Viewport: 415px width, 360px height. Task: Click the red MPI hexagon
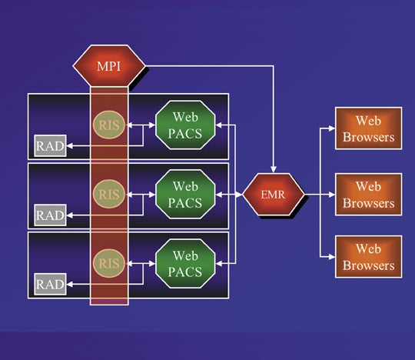click(109, 65)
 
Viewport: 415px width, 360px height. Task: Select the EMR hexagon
click(274, 195)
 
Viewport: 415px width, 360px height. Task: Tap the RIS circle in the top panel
click(109, 125)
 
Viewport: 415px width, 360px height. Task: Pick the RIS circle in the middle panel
click(109, 194)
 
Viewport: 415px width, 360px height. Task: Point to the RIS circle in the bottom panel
click(109, 263)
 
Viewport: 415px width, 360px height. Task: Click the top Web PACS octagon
click(185, 125)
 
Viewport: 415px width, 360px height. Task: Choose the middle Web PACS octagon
click(185, 195)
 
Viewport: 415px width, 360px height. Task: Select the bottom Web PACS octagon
click(185, 264)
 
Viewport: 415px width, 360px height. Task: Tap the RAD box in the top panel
click(50, 145)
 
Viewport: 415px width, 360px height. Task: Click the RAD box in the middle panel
click(50, 215)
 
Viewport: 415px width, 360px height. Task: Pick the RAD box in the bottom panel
click(50, 285)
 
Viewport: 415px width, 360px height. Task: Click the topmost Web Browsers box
click(369, 128)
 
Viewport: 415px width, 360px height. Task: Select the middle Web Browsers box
click(369, 195)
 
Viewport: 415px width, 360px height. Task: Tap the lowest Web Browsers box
click(369, 257)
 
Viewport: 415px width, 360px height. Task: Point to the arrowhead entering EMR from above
click(274, 169)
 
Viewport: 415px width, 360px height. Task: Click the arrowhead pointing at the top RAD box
click(70, 145)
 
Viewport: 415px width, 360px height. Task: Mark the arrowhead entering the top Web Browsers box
click(332, 128)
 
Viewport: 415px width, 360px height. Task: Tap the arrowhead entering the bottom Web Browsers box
click(332, 257)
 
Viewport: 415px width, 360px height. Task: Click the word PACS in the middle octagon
click(185, 203)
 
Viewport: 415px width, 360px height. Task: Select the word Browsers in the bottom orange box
click(369, 265)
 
